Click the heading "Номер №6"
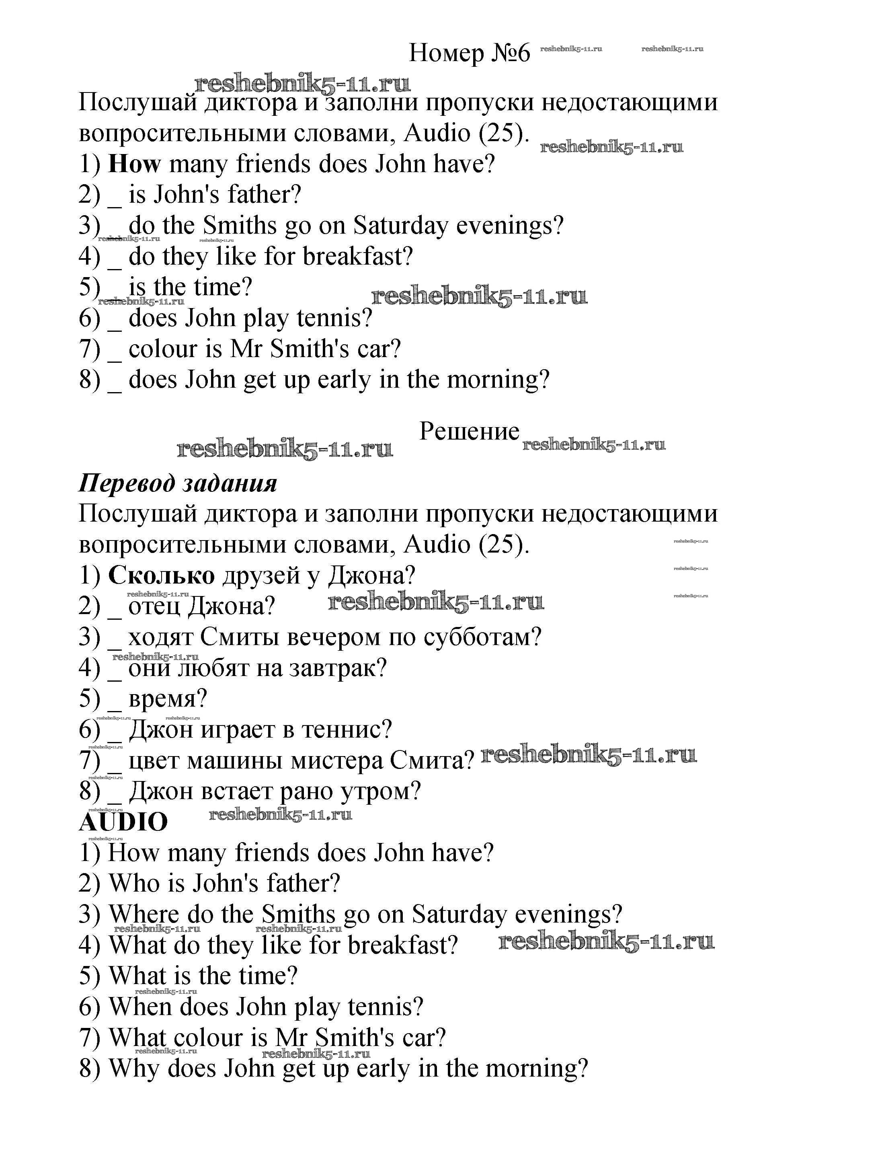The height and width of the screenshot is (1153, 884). pyautogui.click(x=470, y=53)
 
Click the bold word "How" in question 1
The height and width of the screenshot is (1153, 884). pyautogui.click(x=134, y=164)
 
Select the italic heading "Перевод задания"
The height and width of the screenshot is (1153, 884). pyautogui.click(x=178, y=483)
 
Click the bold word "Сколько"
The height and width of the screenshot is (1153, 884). pyautogui.click(x=162, y=575)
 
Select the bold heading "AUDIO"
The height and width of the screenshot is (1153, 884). pyautogui.click(x=123, y=822)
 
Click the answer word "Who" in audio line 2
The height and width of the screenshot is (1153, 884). pyautogui.click(x=135, y=884)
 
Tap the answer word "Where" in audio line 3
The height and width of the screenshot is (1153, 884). pyautogui.click(x=144, y=915)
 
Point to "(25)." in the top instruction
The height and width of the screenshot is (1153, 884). pyautogui.click(x=504, y=133)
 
